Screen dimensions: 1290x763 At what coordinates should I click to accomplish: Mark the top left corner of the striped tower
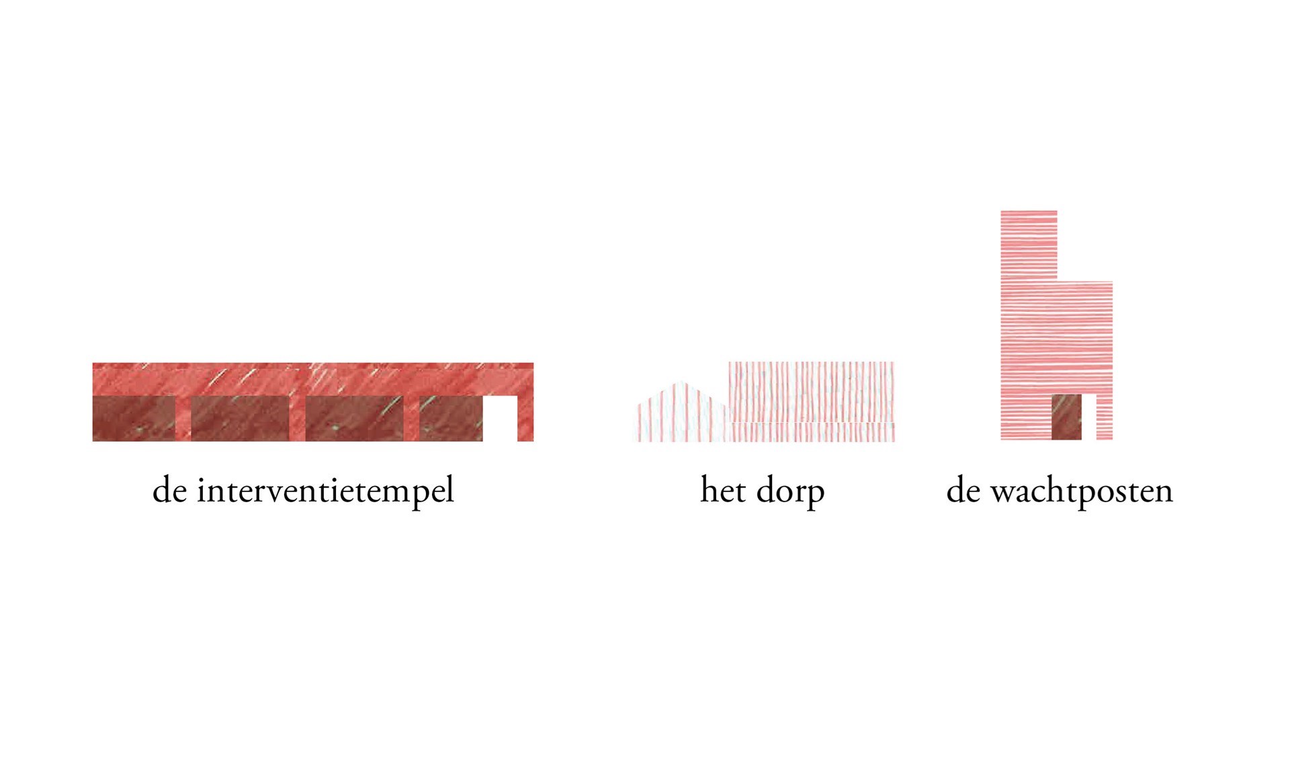1001,211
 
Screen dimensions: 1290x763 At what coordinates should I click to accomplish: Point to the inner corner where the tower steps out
1057,281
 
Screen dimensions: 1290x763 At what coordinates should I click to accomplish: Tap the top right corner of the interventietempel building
533,363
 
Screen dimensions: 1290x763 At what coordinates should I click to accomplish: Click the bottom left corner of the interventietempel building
93,441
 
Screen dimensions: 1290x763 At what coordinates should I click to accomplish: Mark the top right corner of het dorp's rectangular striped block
894,362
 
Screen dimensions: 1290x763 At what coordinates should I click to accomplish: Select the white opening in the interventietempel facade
500,418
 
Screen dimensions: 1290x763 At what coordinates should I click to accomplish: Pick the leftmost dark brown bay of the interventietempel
134,418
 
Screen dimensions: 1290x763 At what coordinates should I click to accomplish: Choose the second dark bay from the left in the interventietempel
240,418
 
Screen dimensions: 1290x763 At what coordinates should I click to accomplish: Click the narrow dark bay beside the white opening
451,418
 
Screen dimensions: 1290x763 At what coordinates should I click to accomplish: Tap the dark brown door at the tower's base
1066,417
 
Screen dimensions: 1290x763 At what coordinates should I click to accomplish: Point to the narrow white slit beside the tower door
1089,417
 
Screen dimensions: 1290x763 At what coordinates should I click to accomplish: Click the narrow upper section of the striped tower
1029,246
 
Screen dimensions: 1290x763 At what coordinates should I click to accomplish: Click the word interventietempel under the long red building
325,491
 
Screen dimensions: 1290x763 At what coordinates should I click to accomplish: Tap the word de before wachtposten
963,489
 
